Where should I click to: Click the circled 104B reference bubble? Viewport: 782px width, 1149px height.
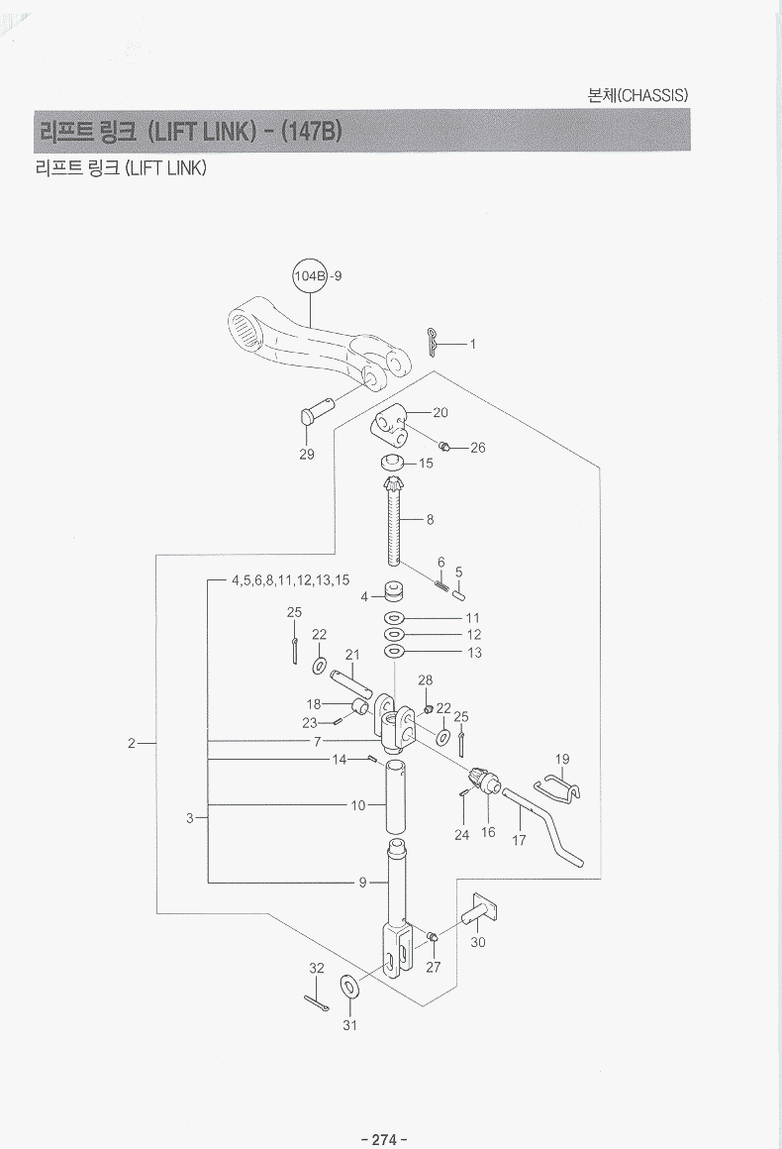[309, 276]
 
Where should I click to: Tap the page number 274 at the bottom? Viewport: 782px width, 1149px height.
[383, 1139]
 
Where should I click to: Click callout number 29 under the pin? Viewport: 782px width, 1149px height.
[307, 455]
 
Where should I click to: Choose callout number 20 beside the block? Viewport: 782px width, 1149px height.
[440, 412]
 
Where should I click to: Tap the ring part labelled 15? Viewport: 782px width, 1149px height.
[392, 463]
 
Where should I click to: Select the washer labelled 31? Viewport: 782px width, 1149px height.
[349, 987]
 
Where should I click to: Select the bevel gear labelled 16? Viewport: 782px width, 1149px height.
[485, 783]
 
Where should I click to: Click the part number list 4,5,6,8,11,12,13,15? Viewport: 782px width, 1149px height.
[290, 580]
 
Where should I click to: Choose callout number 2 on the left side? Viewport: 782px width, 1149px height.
[131, 742]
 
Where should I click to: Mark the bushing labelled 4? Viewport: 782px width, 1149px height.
[391, 594]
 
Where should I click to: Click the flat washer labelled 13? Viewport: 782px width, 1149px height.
[393, 652]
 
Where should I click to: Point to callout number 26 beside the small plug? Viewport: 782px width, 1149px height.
[478, 448]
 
